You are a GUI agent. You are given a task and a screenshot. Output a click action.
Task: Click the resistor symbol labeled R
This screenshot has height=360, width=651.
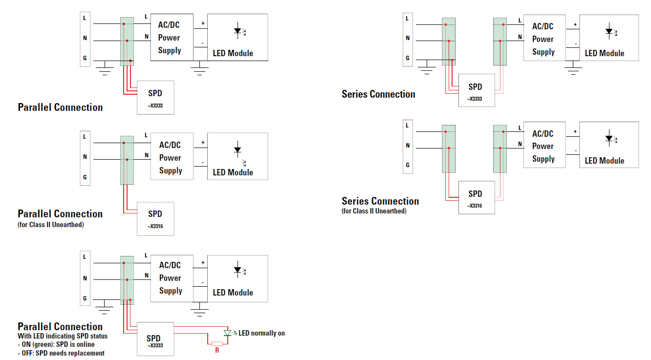pos(217,343)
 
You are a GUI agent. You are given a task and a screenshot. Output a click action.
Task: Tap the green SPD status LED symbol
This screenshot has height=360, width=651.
pos(227,333)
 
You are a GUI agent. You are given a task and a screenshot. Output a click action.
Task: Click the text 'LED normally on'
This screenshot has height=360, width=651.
pos(261,333)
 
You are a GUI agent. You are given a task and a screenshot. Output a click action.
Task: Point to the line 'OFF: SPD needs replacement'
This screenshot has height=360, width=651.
pos(61,353)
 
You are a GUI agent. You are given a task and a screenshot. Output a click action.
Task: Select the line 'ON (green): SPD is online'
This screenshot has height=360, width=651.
pos(56,344)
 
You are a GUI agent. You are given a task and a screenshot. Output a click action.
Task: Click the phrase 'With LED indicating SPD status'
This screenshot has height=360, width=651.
pos(63,336)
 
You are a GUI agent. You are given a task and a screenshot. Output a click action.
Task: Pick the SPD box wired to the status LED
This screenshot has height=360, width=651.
pos(155,339)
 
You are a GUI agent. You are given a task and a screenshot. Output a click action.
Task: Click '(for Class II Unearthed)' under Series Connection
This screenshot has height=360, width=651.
pos(374,211)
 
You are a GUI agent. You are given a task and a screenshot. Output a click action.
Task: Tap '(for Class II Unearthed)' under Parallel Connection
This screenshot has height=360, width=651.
pos(51,225)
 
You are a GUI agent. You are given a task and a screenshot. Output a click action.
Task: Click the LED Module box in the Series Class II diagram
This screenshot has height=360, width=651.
pos(609,145)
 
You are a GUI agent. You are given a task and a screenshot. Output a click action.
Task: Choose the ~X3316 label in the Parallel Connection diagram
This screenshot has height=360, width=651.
pos(155,226)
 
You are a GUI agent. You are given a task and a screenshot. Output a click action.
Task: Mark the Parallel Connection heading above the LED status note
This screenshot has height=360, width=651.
pos(60,326)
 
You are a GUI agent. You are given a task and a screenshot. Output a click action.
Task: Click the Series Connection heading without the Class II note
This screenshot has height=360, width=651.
pos(378,94)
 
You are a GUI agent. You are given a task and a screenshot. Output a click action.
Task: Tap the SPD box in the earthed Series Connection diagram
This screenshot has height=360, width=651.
pos(477,90)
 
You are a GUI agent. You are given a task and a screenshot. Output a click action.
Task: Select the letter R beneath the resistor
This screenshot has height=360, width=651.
pos(217,350)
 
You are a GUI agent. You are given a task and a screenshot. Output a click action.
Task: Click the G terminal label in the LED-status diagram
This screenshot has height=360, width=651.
pos(85,298)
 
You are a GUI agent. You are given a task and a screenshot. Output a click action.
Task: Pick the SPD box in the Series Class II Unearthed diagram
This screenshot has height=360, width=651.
pos(477,197)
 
